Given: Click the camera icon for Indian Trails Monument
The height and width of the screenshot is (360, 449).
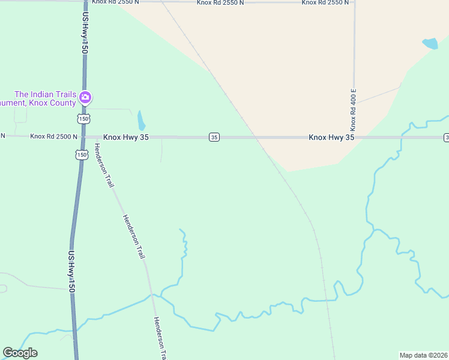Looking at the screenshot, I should pos(85,97).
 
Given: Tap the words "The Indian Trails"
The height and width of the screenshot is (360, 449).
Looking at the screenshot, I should pos(46,94).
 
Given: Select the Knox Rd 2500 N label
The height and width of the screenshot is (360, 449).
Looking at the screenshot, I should pos(54,137).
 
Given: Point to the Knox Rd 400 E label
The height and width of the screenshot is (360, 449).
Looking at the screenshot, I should pos(354,110).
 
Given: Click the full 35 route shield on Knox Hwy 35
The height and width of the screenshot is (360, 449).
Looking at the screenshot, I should pos(214,137).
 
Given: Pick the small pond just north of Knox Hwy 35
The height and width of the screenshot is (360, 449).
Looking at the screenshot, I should pos(141,121).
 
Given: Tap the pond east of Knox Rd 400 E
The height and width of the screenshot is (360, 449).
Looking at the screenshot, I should pos(430,43).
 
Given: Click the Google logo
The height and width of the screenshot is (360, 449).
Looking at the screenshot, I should pos(20,353).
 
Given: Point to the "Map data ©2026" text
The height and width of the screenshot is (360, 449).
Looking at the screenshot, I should pos(423,355).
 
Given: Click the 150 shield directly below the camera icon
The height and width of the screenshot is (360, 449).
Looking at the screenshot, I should pos(83,118).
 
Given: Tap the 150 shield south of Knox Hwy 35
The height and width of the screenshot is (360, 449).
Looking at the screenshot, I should pos(81,155).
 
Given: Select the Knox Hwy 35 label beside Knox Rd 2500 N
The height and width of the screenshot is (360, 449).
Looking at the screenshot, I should pos(125,137).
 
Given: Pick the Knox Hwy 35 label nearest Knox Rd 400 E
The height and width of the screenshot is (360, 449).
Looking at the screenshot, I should pos(331,137).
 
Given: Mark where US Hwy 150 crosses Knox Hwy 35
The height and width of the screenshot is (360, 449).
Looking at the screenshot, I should pos(82,137).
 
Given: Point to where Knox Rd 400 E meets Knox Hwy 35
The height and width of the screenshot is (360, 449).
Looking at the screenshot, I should pos(354,137).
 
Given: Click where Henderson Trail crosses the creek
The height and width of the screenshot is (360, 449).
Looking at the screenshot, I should pos(152,295).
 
